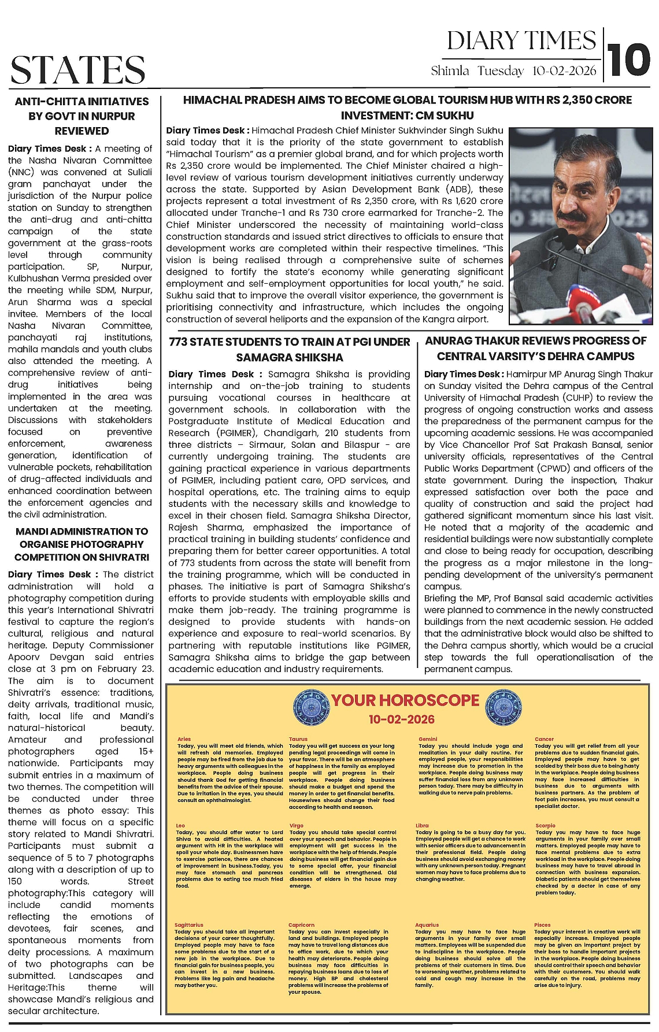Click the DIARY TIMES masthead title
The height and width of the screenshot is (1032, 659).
tap(521, 40)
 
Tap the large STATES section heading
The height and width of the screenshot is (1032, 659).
tap(77, 70)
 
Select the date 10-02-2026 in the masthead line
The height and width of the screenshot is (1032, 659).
tap(564, 71)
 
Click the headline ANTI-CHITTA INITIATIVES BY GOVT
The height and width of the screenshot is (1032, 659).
tap(82, 116)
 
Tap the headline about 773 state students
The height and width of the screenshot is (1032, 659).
tap(290, 349)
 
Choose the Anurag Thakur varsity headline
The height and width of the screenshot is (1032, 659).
tap(536, 348)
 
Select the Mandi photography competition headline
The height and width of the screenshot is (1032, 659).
tap(82, 544)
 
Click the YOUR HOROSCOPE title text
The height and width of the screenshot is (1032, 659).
tap(405, 700)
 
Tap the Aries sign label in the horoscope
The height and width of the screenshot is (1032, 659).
tap(184, 739)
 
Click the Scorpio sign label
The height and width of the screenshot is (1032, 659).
tap(545, 826)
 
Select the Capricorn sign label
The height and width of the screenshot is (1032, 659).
tap(301, 925)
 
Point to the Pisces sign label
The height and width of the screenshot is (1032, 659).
tap(542, 925)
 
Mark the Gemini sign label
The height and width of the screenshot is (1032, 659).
tap(428, 739)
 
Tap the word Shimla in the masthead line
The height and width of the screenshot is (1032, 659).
tap(450, 71)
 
